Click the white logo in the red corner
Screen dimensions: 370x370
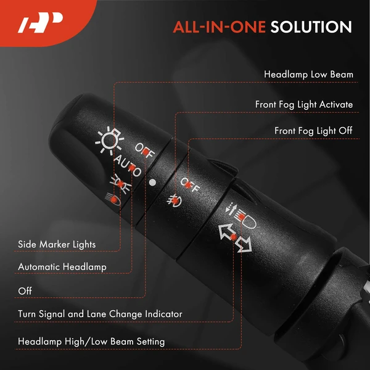point(41,22)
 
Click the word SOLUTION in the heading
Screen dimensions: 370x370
point(311,27)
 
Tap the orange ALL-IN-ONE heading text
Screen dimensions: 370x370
point(219,27)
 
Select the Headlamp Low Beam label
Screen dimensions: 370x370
point(308,75)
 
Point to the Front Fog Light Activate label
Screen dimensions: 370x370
point(304,105)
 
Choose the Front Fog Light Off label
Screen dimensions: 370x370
point(313,131)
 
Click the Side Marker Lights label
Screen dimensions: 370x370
point(57,244)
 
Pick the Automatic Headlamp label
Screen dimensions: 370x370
point(62,267)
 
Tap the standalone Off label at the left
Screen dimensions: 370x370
point(25,291)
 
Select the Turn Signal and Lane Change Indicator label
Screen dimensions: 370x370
point(100,314)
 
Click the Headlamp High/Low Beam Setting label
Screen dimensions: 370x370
point(91,342)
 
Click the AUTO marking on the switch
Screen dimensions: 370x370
point(128,166)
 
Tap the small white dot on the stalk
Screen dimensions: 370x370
point(153,182)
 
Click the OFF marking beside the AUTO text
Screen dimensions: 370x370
point(145,150)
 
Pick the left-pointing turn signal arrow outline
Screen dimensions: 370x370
point(227,232)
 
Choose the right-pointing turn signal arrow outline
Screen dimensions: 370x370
point(245,244)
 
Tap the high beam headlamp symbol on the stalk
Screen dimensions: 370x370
point(240,216)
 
